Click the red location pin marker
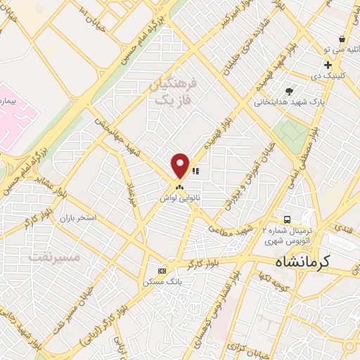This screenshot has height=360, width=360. pyautogui.click(x=181, y=165)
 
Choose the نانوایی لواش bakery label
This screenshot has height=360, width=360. pyautogui.click(x=179, y=199)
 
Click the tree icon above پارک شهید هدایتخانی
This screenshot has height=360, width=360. pyautogui.click(x=289, y=91)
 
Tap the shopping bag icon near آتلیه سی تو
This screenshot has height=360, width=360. pyautogui.click(x=342, y=39)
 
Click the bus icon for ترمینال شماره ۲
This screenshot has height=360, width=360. pyautogui.click(x=287, y=219)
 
